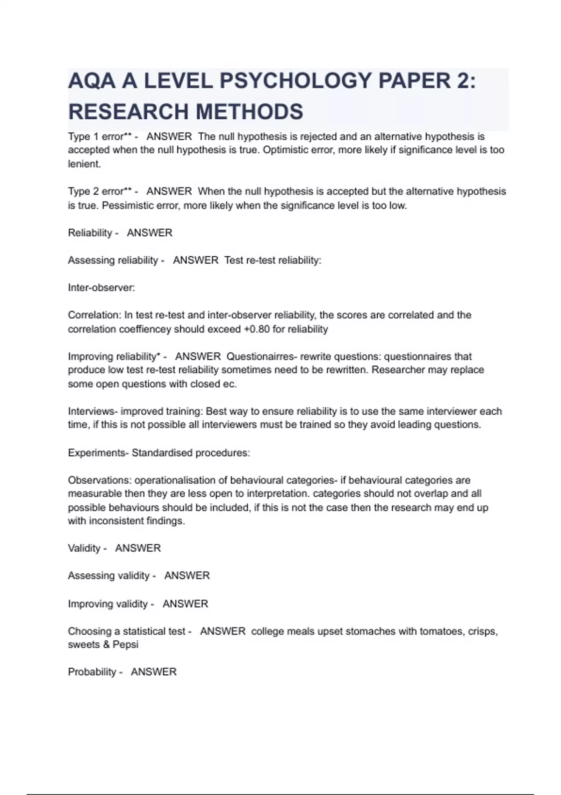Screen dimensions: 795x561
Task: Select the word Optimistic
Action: click(x=285, y=150)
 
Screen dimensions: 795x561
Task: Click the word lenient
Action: click(x=84, y=164)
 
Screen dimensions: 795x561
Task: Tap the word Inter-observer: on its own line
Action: click(x=101, y=288)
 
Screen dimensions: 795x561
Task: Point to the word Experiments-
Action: click(x=98, y=453)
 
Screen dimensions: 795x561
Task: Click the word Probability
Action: click(x=92, y=672)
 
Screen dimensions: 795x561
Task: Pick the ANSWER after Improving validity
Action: click(x=185, y=604)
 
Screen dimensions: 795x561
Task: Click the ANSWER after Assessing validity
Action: click(x=187, y=576)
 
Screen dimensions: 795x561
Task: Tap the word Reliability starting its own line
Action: click(x=90, y=233)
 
